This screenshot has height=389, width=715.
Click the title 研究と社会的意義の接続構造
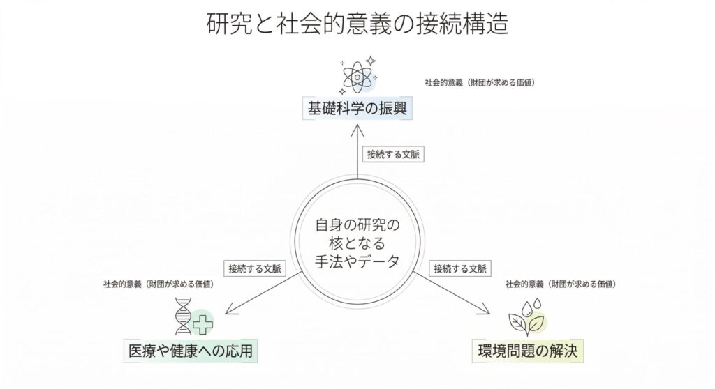coord(357,24)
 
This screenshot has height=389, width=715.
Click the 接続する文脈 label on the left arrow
coord(253,268)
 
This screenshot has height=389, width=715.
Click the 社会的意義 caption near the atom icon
coord(480,82)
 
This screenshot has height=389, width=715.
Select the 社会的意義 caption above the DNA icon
coord(158,284)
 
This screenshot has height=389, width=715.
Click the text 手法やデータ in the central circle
coord(357,261)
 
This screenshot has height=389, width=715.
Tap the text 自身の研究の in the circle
coord(357,224)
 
